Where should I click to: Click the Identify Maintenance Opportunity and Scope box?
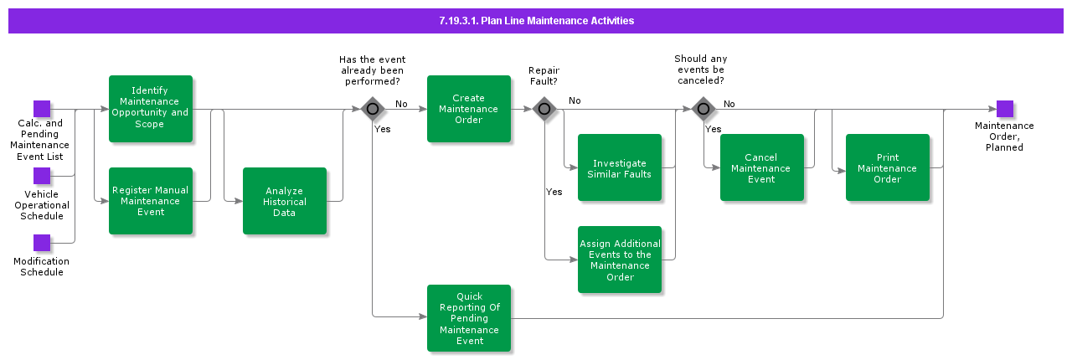pos(151,109)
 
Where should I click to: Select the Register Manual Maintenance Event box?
pos(151,201)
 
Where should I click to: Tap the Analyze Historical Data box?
pos(285,201)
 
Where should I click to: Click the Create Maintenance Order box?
pos(469,109)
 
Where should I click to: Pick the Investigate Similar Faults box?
pos(620,167)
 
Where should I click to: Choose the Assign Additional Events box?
pos(620,260)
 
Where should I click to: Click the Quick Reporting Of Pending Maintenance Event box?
pos(469,318)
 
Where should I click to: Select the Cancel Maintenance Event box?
pos(761,167)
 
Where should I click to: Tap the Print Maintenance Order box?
pos(887,167)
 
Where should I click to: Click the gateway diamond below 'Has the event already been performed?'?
pos(373,109)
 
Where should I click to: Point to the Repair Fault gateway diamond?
pos(544,109)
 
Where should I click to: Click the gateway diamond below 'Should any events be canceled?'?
pos(703,109)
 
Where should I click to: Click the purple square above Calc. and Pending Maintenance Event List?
pos(42,109)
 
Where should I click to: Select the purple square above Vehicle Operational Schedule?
pos(42,176)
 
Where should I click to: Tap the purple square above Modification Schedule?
pos(42,243)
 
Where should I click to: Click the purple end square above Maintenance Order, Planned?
pos(1004,109)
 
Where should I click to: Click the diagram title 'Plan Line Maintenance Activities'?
pos(536,21)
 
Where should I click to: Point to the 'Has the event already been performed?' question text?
pos(372,70)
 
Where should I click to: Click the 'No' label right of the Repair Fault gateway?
pos(575,101)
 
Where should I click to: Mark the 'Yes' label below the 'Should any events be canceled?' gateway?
pos(713,129)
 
